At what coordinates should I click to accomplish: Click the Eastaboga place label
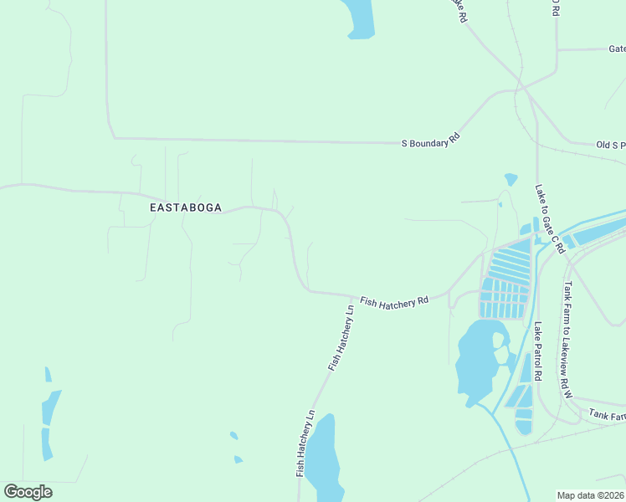[186, 207]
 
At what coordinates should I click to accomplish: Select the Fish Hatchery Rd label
[394, 301]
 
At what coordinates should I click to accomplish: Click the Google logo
[28, 492]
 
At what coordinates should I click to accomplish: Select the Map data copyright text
[591, 494]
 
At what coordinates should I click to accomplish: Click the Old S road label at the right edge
[610, 145]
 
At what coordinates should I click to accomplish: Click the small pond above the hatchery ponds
[511, 179]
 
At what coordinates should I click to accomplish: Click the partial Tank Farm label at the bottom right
[606, 414]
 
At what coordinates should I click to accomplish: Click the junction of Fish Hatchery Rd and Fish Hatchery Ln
[350, 295]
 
